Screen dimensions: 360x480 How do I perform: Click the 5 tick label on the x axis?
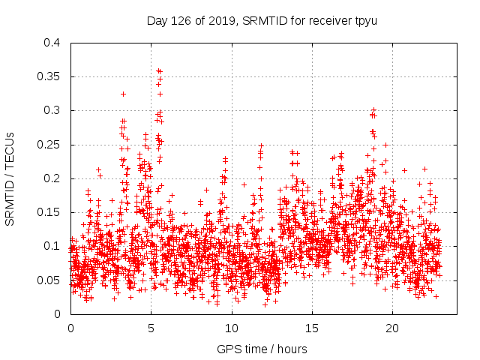tap(151, 328)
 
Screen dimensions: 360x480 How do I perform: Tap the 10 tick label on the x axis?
tap(231, 328)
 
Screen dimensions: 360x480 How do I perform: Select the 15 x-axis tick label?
tap(311, 328)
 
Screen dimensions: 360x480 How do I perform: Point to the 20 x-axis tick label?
tap(391, 328)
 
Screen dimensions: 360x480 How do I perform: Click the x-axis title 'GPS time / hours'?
tap(262, 349)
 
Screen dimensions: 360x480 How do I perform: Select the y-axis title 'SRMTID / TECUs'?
tap(10, 178)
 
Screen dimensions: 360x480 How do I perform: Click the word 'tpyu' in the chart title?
tap(365, 19)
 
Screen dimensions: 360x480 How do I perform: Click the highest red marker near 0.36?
tap(158, 70)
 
